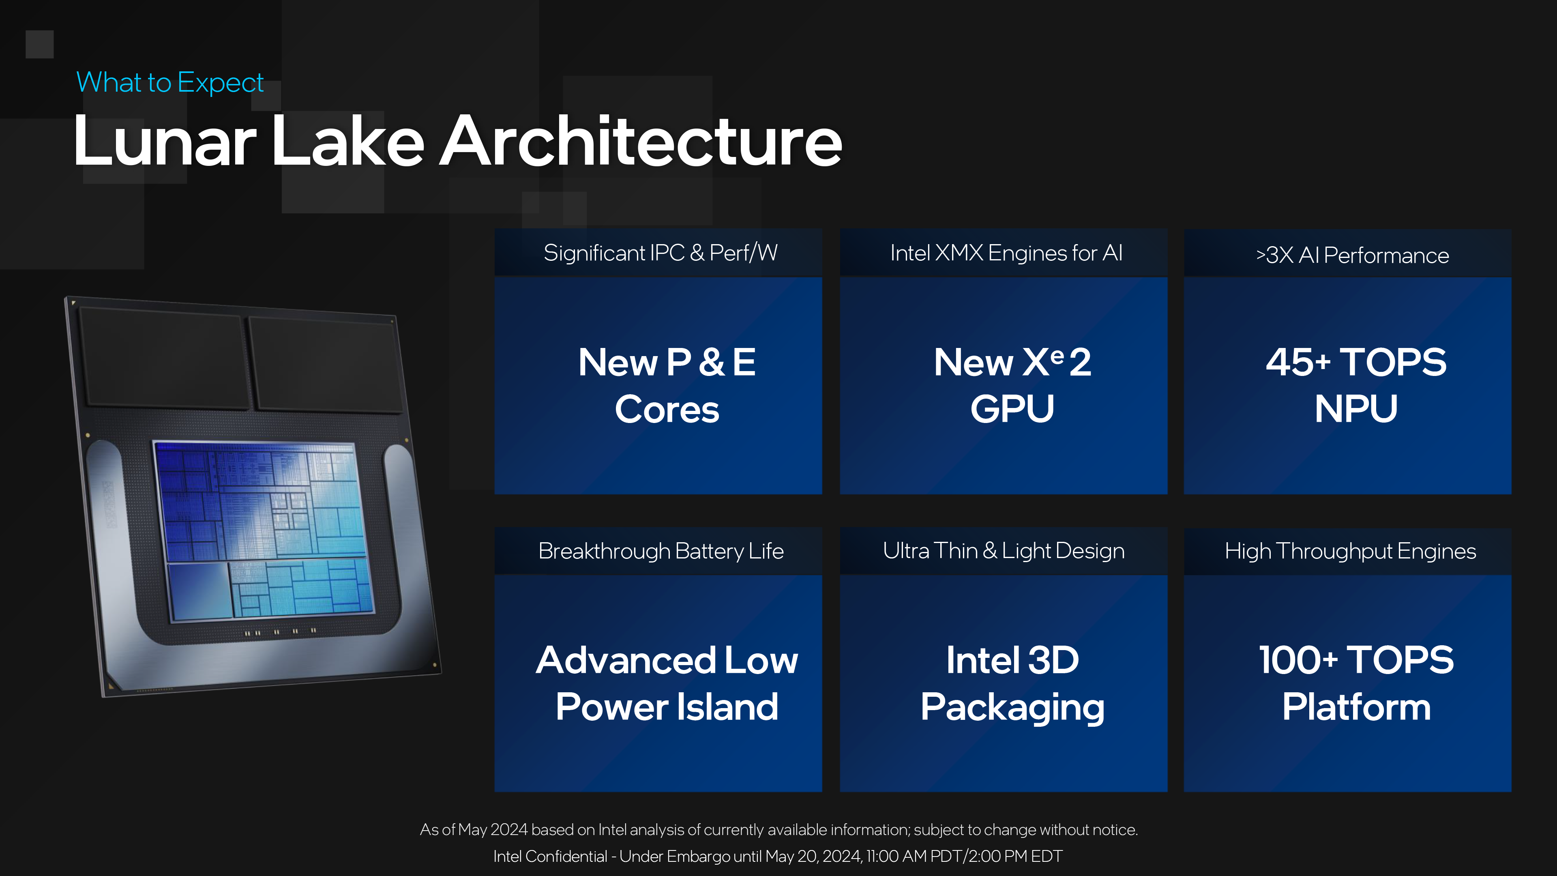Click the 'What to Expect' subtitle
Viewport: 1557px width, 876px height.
(x=170, y=82)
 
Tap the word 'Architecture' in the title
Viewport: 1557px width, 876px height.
(x=641, y=142)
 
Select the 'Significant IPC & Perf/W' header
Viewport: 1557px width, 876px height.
(x=660, y=253)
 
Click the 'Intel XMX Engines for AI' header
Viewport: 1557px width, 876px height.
(x=1006, y=253)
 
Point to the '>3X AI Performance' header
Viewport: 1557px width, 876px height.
(x=1352, y=255)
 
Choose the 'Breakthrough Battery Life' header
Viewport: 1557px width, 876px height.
(x=661, y=551)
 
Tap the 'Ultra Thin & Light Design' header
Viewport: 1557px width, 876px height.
(x=1004, y=550)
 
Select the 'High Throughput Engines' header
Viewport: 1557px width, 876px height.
(x=1350, y=551)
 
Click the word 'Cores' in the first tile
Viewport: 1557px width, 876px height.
(x=667, y=409)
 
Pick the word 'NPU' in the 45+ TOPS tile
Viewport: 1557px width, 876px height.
(x=1356, y=409)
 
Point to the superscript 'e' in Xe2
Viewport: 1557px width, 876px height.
(x=1057, y=356)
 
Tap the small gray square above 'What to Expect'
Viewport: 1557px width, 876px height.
(x=39, y=44)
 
